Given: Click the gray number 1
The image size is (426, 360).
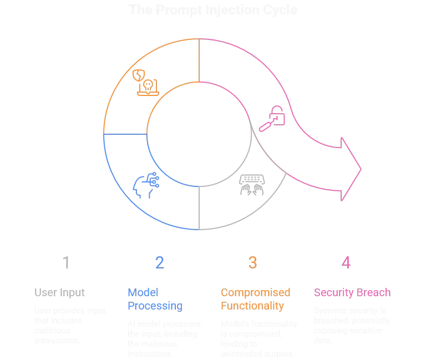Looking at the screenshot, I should pos(67,262).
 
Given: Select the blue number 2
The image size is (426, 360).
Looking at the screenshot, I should pos(160,262).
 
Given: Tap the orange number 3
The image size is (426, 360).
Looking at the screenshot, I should pos(253,262).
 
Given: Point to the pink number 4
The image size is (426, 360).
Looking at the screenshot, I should pos(346,262).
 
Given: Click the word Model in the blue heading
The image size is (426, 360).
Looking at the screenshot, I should pos(136,292).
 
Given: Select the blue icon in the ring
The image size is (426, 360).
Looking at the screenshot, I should pos(146,184).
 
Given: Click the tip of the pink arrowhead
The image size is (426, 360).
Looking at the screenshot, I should pos(363,168).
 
